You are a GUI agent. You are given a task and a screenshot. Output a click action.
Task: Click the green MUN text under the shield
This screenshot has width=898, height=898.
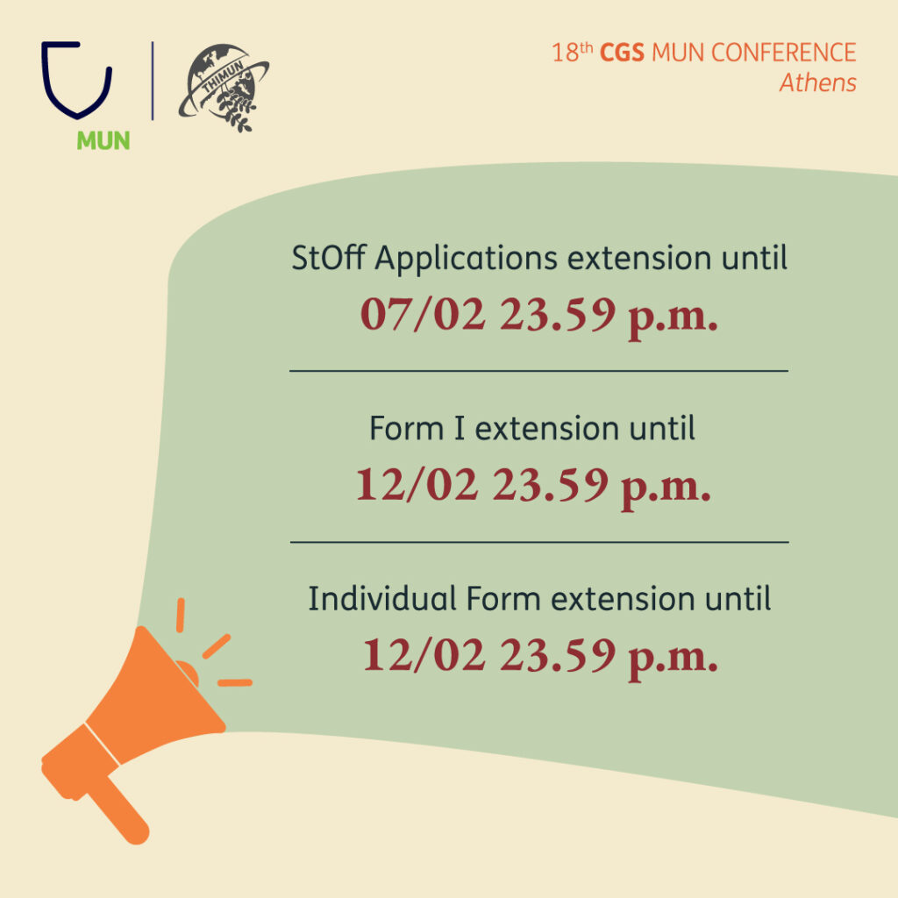(x=103, y=140)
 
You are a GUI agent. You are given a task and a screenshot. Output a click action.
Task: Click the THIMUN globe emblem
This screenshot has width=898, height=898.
(x=224, y=87)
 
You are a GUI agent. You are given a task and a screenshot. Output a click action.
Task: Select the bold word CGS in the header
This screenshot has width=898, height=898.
(x=622, y=53)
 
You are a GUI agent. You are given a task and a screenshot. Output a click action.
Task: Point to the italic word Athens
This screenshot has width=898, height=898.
(x=818, y=82)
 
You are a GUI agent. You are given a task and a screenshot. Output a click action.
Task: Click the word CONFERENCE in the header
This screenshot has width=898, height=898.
(x=783, y=53)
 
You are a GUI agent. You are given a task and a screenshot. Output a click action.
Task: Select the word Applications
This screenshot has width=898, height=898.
(x=467, y=260)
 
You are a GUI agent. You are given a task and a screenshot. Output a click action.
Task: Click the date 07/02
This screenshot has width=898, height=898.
(x=424, y=314)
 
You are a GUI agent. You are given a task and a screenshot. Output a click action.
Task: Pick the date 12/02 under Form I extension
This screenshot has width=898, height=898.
(x=417, y=484)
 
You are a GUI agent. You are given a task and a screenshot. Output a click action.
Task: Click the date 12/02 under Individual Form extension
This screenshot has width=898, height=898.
(x=424, y=654)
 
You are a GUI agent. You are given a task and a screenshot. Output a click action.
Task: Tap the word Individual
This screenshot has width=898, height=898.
(x=382, y=598)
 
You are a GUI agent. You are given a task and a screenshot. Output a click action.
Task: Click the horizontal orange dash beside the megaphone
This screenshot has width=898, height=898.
(x=235, y=682)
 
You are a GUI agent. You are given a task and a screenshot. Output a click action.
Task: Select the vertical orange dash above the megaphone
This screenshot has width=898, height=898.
(x=181, y=615)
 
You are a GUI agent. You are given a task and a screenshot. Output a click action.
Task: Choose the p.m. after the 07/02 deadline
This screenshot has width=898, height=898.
(x=673, y=319)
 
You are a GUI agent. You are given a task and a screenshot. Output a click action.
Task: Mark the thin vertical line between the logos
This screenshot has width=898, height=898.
(x=153, y=81)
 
